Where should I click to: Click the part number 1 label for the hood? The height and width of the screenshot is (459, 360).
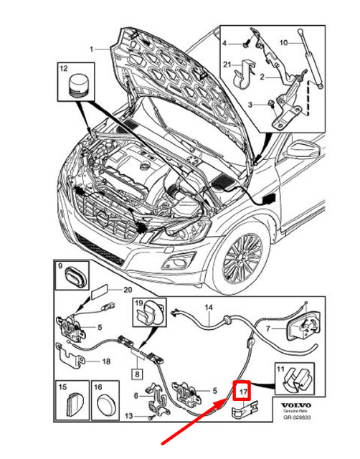92,49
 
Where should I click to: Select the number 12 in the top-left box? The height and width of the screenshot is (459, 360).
62,68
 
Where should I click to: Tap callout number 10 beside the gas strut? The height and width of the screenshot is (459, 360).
303,43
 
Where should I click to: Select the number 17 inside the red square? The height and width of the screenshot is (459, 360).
243,392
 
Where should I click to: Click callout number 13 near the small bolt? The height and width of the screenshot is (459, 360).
129,415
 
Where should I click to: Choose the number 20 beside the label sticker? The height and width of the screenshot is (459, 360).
128,290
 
